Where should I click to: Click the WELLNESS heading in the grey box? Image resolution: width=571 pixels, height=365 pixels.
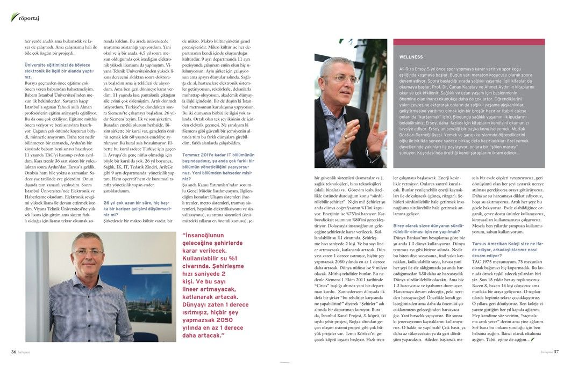pyautogui.click(x=411, y=57)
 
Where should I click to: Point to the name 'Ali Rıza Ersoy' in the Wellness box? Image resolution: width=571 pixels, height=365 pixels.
pyautogui.click(x=416, y=69)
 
